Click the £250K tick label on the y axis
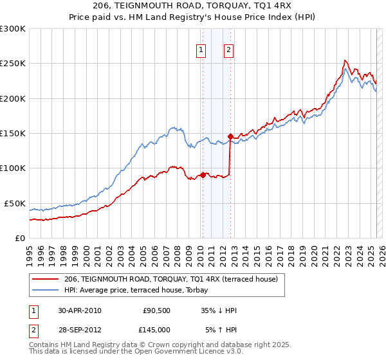point(13,64)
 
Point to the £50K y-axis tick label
point(15,203)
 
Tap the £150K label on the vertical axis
point(13,134)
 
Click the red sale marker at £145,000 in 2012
point(230,136)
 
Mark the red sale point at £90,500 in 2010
point(203,174)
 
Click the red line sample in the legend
point(45,279)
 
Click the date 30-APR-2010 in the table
point(79,310)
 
